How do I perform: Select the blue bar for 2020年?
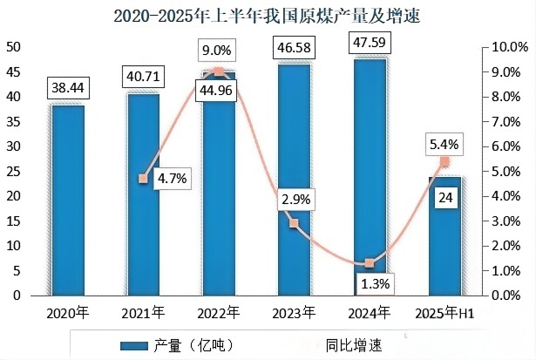click(x=67, y=200)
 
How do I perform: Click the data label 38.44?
click(x=67, y=88)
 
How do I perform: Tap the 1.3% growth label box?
click(x=370, y=283)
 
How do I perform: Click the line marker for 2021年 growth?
click(x=143, y=179)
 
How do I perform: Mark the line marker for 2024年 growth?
click(x=370, y=263)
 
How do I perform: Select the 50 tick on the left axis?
click(x=14, y=47)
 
